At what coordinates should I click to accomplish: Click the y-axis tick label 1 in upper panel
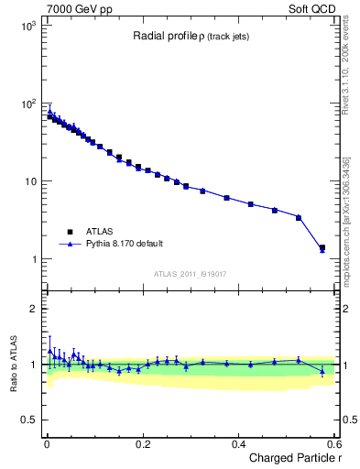[35, 259]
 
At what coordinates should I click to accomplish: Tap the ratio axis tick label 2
[35, 309]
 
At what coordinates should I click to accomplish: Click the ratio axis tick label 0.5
[29, 420]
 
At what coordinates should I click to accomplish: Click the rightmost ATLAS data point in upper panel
[322, 247]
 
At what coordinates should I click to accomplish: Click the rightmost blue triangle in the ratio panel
[322, 371]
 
